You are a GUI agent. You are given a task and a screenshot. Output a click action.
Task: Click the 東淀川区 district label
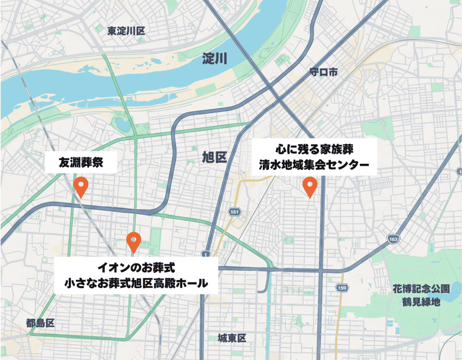pos(126,31)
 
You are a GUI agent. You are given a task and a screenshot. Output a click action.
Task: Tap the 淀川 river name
pos(215,59)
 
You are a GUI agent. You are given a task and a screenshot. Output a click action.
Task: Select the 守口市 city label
pos(324,72)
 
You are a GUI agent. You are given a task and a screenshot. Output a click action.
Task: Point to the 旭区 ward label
pos(214,157)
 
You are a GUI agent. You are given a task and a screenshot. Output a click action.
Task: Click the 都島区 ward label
pos(41,323)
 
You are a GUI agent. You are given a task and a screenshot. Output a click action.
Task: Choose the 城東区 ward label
pos(232,338)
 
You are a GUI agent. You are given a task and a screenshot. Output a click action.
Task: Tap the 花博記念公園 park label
pos(419,289)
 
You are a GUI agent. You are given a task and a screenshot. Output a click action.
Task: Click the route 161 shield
pos(234,211)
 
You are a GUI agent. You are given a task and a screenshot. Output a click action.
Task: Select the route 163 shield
pos(394,239)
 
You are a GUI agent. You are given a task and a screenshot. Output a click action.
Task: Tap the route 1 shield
pos(205,253)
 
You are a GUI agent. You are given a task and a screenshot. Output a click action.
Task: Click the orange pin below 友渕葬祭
pos(81,186)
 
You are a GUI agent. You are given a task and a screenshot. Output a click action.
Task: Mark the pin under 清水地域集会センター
pos(310,186)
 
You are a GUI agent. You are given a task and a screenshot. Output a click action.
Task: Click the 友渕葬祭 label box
pos(80,162)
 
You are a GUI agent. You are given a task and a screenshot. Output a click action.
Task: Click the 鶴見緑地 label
pos(420,303)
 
